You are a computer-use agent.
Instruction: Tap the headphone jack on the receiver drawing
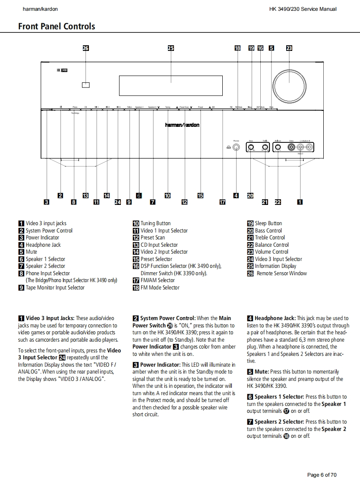click(236, 148)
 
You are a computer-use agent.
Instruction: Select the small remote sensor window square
click(85, 85)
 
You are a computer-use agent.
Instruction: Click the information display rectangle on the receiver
click(171, 85)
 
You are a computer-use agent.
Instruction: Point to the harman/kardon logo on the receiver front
click(182, 125)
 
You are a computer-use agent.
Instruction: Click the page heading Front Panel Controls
click(57, 26)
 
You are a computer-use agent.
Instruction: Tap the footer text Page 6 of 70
click(322, 475)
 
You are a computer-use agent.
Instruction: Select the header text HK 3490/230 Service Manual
click(303, 9)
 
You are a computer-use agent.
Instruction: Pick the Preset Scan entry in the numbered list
click(153, 238)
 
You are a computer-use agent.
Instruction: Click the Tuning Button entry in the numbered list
click(155, 223)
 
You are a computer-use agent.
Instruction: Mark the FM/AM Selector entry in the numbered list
click(158, 280)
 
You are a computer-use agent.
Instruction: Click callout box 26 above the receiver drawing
click(85, 48)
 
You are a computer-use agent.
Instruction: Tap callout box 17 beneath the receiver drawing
click(222, 202)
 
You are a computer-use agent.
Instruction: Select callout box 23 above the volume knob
click(289, 48)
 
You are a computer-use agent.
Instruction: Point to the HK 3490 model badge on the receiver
click(62, 70)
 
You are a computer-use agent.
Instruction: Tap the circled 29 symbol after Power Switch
click(170, 326)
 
